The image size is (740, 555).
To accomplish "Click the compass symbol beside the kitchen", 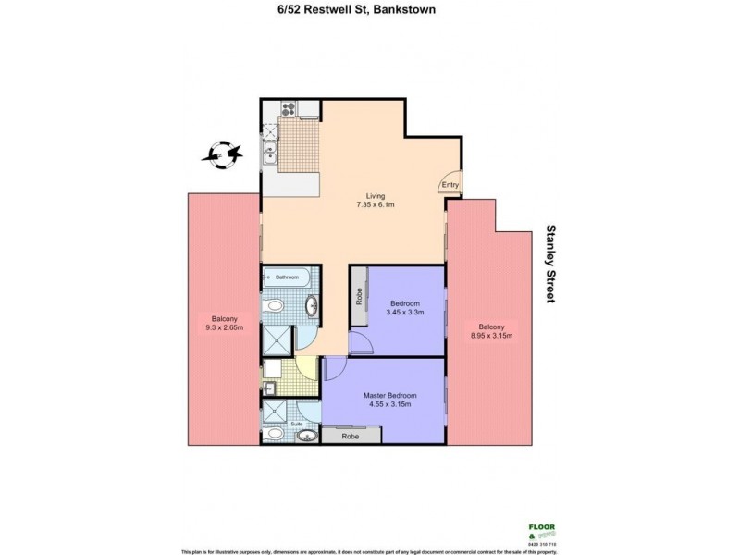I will tap(223, 154).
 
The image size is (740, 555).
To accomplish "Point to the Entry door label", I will tap(450, 185).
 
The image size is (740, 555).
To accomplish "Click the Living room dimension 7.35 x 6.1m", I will tap(376, 206).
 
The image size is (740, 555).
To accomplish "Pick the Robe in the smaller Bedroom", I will tap(358, 297).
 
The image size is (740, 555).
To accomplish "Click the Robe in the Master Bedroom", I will tap(351, 436).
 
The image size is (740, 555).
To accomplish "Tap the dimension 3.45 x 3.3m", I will tap(405, 313).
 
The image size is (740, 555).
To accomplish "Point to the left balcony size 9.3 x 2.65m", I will tap(224, 327).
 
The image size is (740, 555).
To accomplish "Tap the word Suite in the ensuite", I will tap(298, 425).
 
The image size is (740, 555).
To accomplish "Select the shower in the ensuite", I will tap(274, 411).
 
